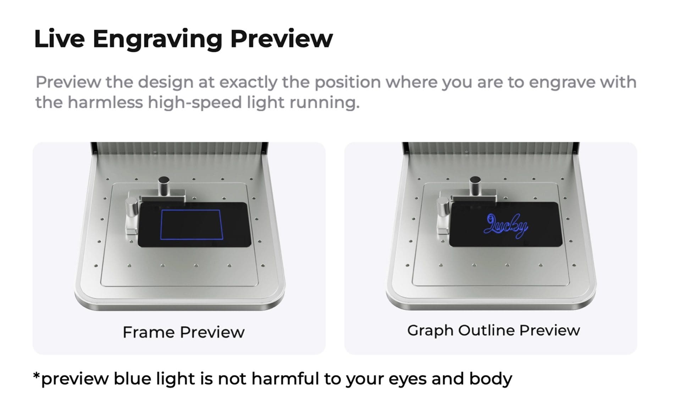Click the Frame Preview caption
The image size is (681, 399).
click(184, 332)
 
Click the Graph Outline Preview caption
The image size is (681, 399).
click(493, 331)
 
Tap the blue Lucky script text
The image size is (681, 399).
click(506, 226)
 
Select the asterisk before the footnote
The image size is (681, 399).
click(36, 375)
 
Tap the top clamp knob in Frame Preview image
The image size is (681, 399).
click(164, 186)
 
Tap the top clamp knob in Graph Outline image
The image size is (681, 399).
click(475, 185)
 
